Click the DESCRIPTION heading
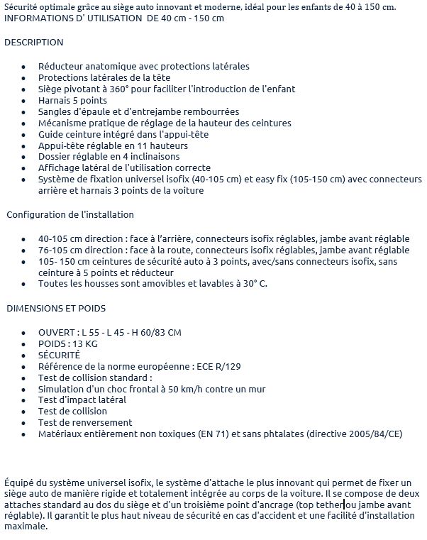[x=33, y=43]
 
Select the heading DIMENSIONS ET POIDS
[x=56, y=308]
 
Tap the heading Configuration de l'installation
[x=70, y=214]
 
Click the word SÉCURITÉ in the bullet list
[x=59, y=355]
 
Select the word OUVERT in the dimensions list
[x=57, y=332]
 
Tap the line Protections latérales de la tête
[x=104, y=77]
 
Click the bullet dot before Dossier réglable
[x=23, y=157]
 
